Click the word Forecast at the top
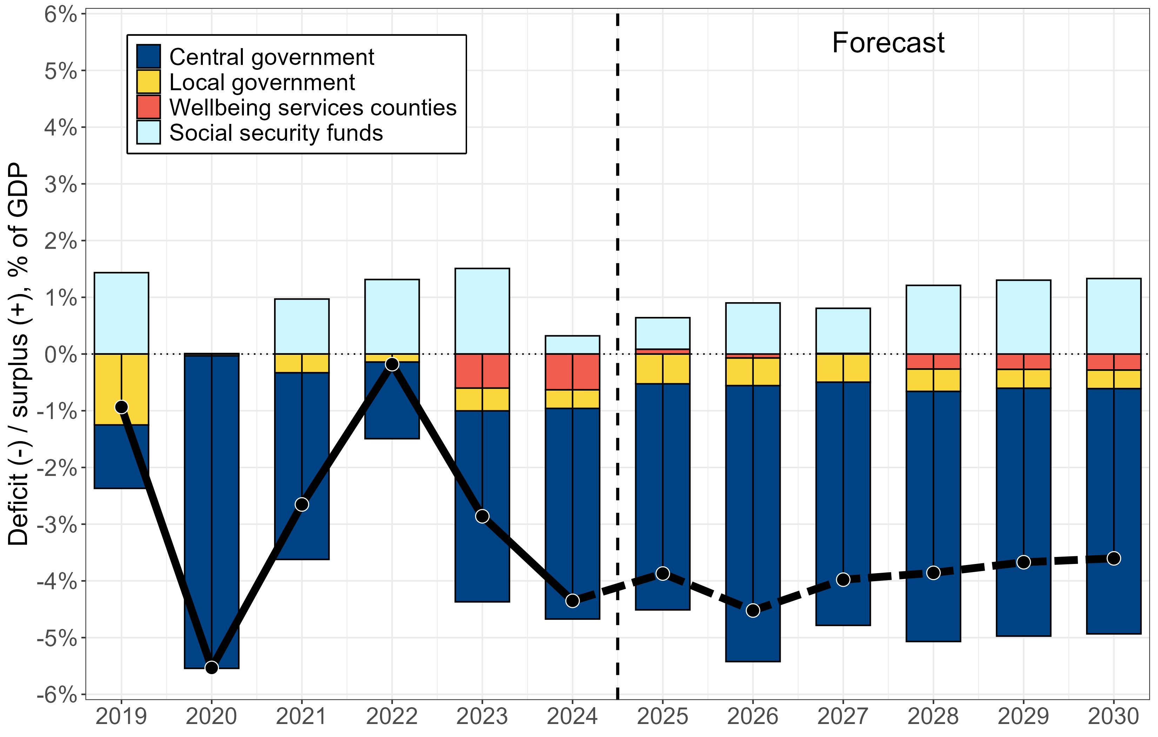point(888,43)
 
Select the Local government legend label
point(262,82)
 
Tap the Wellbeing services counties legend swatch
point(148,107)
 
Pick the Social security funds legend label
point(276,133)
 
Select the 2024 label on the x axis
point(572,716)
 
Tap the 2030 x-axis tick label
point(1113,716)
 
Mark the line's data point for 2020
point(212,667)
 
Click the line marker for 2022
point(392,364)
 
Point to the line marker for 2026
point(753,610)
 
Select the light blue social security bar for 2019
point(121,313)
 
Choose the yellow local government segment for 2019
point(108,389)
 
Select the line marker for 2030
point(1113,558)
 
